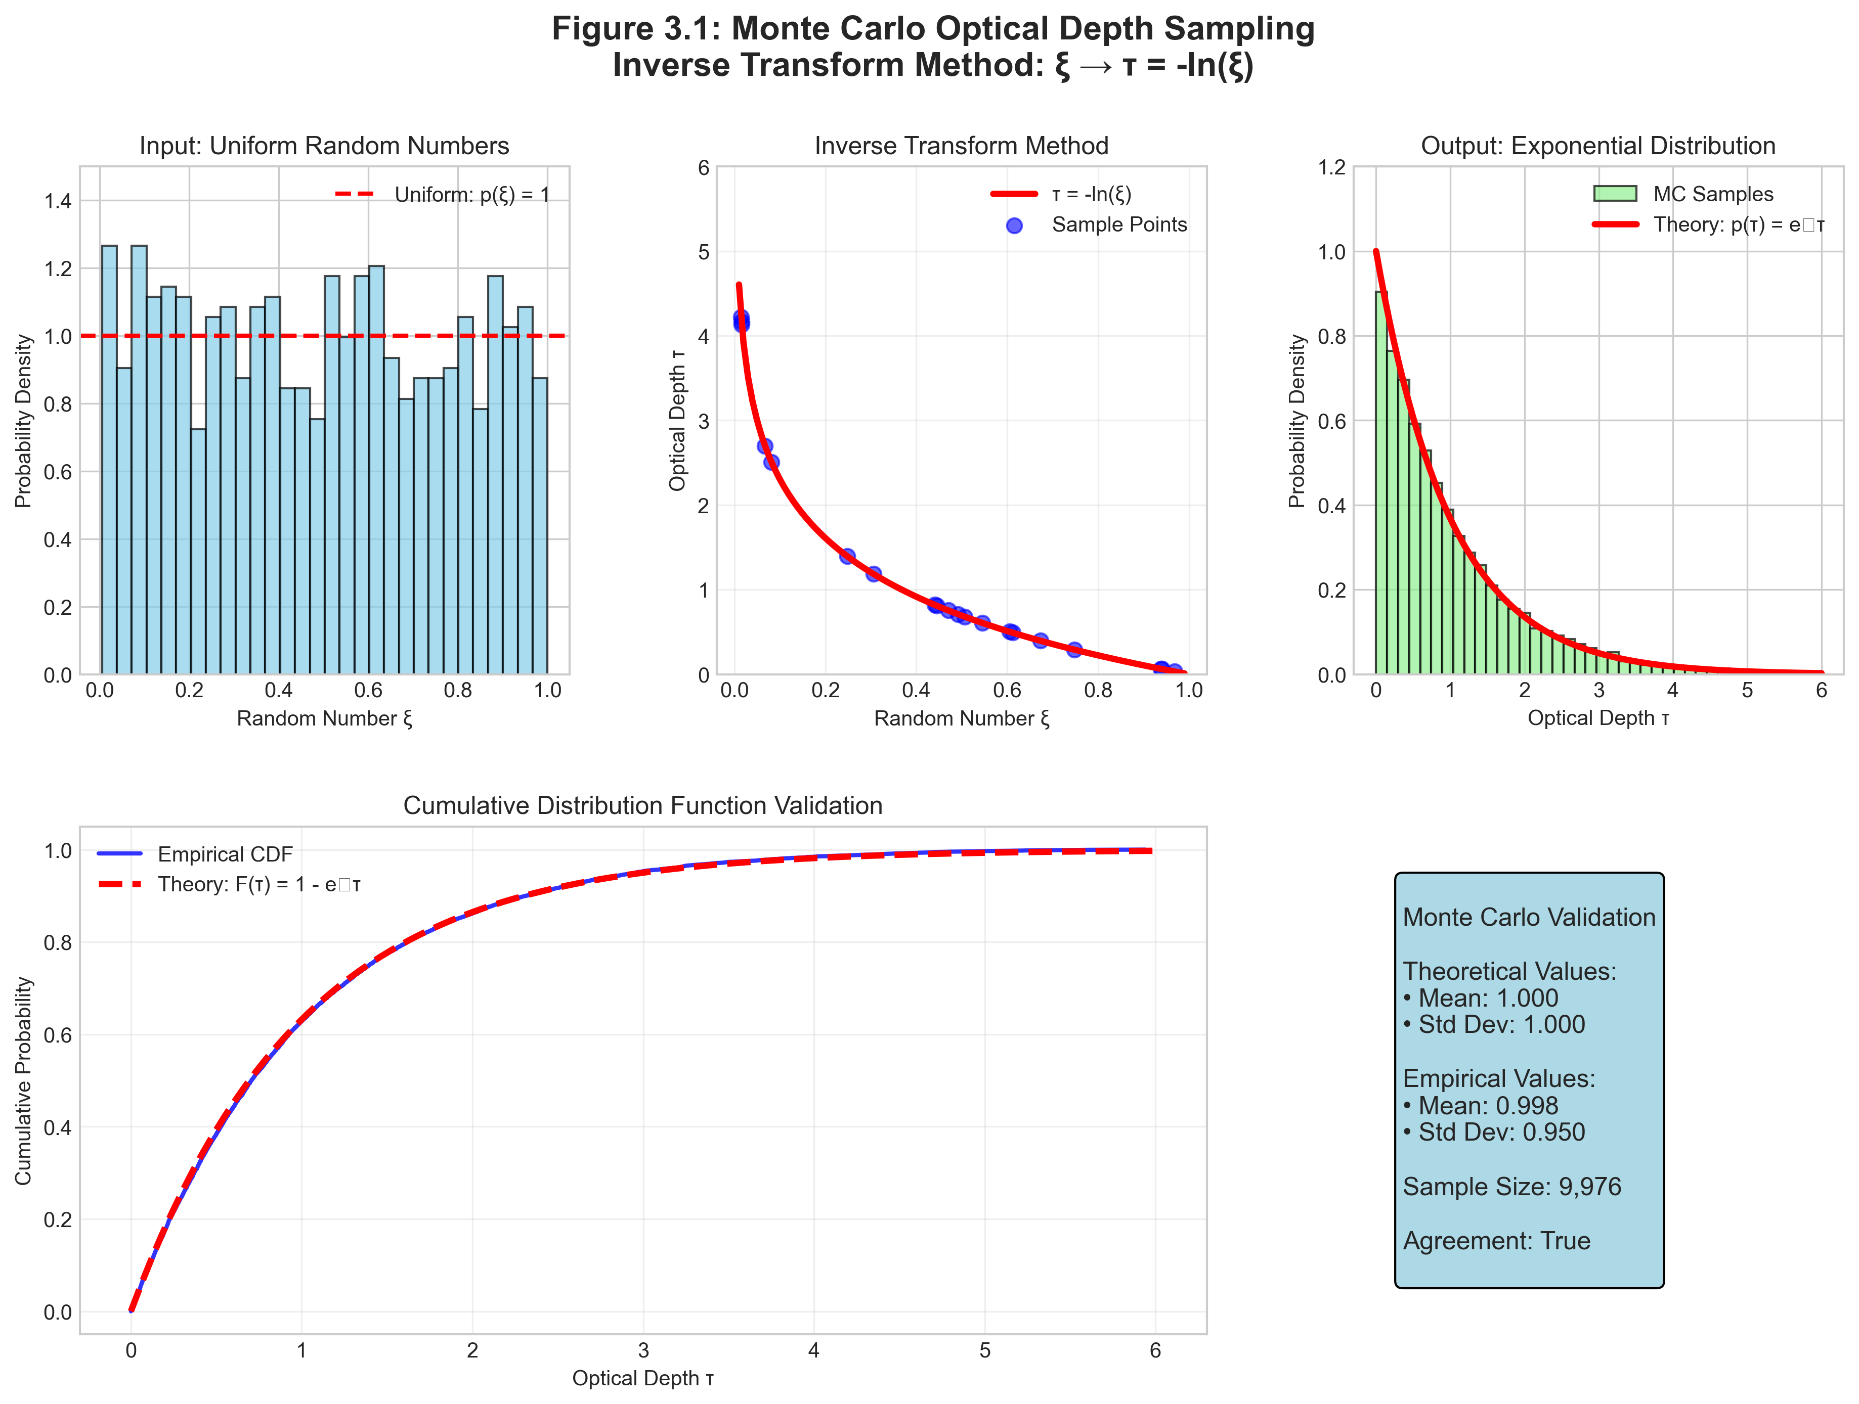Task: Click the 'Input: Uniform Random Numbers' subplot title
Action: tap(324, 146)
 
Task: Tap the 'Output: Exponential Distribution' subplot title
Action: tap(1597, 146)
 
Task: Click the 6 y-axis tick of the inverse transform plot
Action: tap(704, 167)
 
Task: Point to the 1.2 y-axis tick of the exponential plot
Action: tap(1331, 167)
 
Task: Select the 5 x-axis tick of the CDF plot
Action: tap(984, 1350)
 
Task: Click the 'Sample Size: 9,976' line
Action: tap(1511, 1187)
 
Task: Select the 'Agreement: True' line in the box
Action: tap(1496, 1241)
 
